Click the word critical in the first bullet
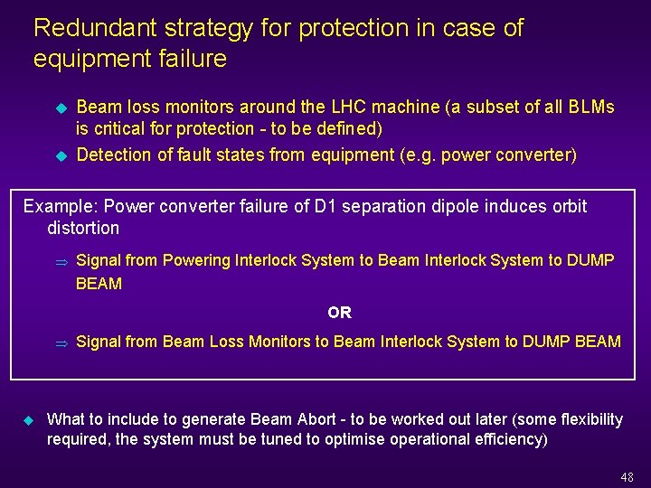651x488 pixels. click(122, 128)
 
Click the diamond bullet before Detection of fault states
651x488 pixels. click(61, 155)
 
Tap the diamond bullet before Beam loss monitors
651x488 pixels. click(61, 108)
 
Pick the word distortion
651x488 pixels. click(83, 228)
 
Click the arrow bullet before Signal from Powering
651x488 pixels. click(61, 262)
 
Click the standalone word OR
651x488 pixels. click(340, 313)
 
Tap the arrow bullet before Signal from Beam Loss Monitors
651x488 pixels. click(61, 343)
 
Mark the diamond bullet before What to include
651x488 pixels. click(27, 420)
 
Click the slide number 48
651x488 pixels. click(627, 477)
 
